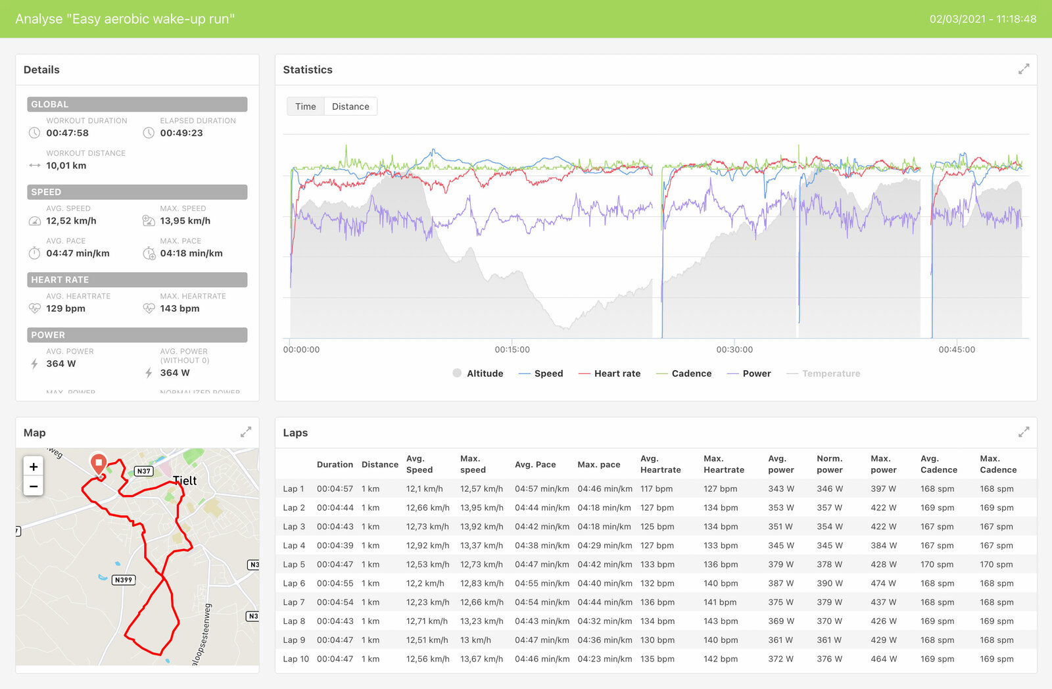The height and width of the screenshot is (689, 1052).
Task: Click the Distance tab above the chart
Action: pos(350,107)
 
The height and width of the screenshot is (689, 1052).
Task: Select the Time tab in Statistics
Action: pos(305,107)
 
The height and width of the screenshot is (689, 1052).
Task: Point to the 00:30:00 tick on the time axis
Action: pos(734,350)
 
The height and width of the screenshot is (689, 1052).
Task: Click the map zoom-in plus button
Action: pos(34,467)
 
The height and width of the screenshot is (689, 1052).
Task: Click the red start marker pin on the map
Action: pos(99,463)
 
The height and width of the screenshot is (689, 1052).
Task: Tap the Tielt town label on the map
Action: pos(185,481)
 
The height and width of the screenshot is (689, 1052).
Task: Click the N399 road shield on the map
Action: pos(123,580)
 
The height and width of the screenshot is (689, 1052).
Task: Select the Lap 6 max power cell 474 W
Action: pos(883,583)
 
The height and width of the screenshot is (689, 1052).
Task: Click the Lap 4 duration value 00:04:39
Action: pos(335,546)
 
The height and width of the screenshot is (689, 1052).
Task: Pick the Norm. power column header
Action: pos(829,464)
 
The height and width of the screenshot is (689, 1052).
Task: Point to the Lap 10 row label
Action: pos(295,659)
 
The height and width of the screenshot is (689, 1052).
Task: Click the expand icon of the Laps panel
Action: pos(1024,432)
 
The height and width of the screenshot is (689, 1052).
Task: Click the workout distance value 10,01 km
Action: pos(66,166)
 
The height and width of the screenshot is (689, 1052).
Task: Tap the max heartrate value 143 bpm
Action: pos(179,308)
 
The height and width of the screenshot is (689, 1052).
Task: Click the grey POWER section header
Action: pos(137,335)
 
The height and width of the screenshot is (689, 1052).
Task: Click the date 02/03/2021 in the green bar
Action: pos(957,19)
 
